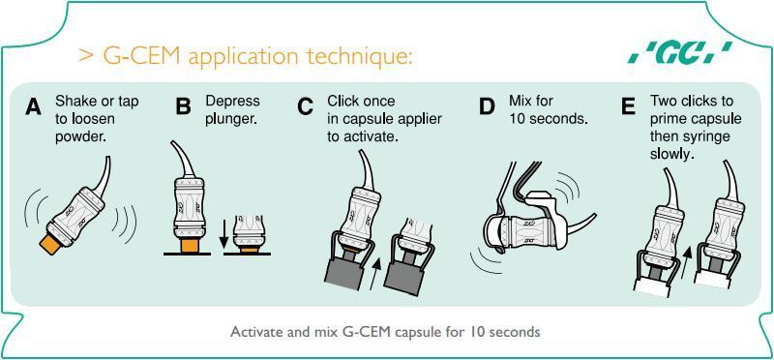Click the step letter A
33,106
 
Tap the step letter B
183,106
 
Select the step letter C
306,106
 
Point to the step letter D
487,106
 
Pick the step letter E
628,106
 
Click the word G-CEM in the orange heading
143,57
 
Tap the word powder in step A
80,137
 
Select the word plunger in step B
231,119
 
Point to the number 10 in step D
517,119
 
